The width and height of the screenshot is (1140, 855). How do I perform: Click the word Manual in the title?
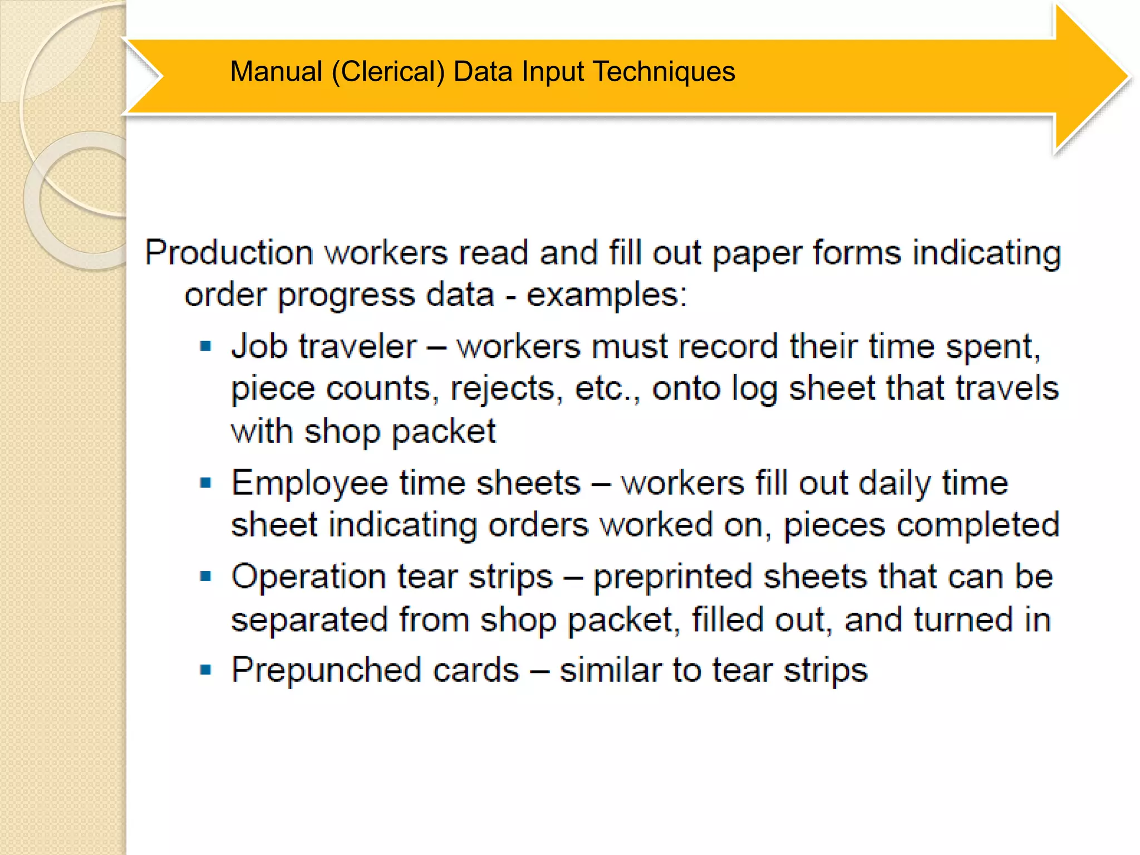(276, 72)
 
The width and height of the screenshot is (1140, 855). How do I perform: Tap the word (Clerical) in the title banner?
(388, 72)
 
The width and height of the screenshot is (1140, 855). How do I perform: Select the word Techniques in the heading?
(664, 72)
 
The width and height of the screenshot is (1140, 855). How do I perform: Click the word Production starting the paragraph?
(229, 253)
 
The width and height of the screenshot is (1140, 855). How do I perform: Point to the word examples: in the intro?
(607, 295)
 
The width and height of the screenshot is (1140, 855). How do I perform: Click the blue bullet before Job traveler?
(206, 347)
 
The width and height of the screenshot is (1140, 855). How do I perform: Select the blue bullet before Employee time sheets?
(206, 483)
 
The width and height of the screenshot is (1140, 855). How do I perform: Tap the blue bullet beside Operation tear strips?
(206, 576)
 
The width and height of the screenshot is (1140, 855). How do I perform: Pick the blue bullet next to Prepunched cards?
(206, 670)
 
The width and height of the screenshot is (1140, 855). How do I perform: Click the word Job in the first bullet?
(258, 347)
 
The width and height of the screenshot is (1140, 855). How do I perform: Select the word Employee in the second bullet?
(309, 483)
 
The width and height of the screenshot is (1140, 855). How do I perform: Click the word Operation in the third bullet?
(308, 577)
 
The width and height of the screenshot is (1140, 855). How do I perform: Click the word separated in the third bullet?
(309, 620)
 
